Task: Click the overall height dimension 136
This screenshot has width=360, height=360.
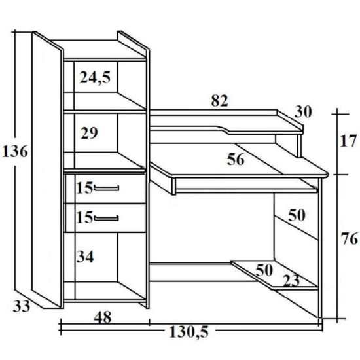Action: click(x=15, y=152)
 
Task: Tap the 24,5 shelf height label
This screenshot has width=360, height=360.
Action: click(x=95, y=77)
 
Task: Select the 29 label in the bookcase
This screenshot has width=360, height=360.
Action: click(x=89, y=133)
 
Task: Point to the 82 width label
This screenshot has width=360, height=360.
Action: click(x=219, y=101)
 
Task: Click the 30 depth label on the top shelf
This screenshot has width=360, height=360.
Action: click(x=303, y=112)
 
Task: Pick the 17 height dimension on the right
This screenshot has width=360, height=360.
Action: click(x=348, y=141)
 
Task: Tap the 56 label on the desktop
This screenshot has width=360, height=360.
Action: click(x=236, y=159)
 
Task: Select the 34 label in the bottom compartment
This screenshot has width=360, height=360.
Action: click(x=85, y=257)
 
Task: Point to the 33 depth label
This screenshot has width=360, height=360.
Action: click(x=22, y=306)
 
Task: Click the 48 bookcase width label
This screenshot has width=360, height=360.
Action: click(x=103, y=317)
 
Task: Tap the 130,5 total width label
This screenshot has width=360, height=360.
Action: click(x=189, y=332)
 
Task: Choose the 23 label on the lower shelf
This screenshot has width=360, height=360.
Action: click(x=291, y=281)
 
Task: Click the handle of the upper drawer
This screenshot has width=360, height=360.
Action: click(x=107, y=189)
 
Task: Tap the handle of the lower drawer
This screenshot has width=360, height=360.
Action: click(x=107, y=218)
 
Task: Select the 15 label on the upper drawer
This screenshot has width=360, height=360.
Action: click(x=84, y=188)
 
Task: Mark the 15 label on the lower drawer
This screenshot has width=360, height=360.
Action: click(x=84, y=217)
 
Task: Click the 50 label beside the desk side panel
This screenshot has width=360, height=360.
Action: click(x=297, y=215)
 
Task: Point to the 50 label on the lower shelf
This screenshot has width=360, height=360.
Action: click(x=264, y=270)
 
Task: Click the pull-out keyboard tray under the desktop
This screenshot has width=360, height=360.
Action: click(x=245, y=190)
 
